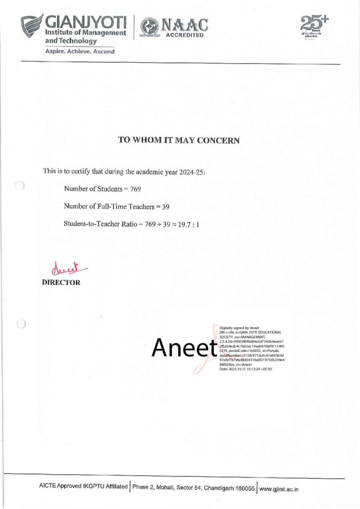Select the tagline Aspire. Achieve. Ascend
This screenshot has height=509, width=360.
tap(80, 51)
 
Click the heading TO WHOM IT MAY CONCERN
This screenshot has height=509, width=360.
tap(179, 140)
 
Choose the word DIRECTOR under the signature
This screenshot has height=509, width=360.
tap(62, 283)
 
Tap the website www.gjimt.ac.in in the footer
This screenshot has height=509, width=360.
tap(279, 489)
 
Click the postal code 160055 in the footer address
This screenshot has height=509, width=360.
tap(244, 489)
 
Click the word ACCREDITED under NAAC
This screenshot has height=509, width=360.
tap(184, 36)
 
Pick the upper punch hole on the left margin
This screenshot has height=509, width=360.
tap(20, 186)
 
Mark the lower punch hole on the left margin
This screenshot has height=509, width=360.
tap(20, 325)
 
